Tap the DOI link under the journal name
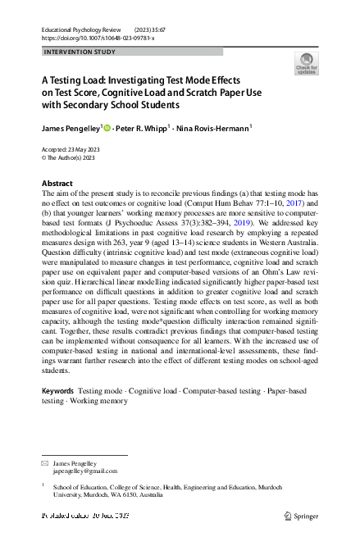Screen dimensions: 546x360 coord(97,38)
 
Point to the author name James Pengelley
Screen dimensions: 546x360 coord(70,129)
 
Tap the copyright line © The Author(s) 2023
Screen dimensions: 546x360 coord(68,158)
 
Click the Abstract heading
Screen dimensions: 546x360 coord(57,183)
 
